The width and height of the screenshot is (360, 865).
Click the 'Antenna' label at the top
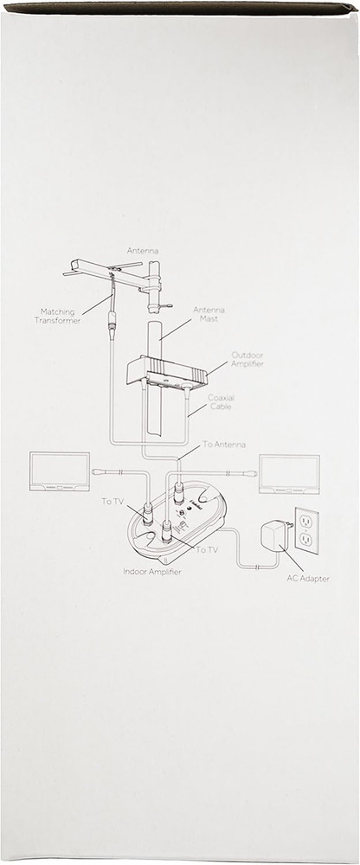click(142, 250)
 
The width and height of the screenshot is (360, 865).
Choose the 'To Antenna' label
click(223, 444)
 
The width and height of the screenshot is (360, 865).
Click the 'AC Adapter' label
click(307, 578)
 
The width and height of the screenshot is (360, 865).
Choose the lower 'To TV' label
click(207, 550)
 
